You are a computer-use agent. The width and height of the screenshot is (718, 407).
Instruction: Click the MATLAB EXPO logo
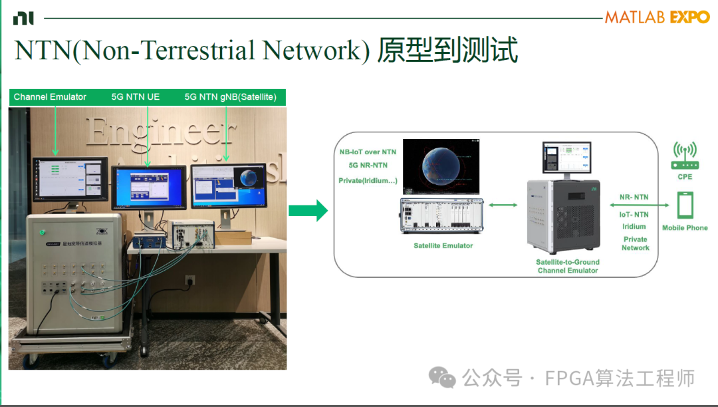tap(657, 17)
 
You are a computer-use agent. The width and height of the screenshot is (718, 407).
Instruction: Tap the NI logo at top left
tap(23, 19)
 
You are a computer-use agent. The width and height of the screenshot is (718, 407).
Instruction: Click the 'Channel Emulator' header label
tap(50, 97)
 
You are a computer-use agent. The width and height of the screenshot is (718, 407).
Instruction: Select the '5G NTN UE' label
tap(136, 97)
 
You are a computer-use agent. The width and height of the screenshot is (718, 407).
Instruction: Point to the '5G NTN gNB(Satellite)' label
tap(230, 97)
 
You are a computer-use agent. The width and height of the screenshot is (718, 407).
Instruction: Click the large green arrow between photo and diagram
tap(308, 211)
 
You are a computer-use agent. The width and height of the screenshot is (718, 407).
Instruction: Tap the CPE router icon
tap(685, 157)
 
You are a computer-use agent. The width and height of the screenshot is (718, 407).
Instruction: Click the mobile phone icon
tap(685, 205)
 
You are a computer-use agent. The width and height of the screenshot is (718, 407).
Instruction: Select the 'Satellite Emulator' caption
tap(443, 245)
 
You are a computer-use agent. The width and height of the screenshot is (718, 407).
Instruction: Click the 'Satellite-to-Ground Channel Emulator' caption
tap(568, 266)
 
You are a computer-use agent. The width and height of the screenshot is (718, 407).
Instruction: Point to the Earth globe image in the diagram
tap(441, 166)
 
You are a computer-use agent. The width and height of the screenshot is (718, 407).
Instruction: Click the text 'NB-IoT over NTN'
tap(368, 152)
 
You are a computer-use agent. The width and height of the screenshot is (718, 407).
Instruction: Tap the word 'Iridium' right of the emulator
tap(634, 226)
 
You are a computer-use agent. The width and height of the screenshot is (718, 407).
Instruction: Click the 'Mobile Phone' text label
tap(685, 227)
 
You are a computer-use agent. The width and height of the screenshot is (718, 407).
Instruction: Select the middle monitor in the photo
tap(148, 189)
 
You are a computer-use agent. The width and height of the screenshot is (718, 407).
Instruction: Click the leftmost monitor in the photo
tap(70, 177)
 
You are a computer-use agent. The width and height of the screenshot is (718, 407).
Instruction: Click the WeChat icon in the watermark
tap(442, 378)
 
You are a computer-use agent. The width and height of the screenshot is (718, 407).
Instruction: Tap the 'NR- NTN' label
tap(634, 197)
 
